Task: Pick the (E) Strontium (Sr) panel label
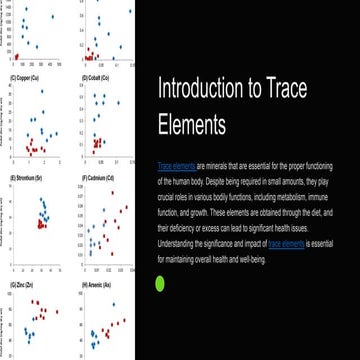[x=27, y=177]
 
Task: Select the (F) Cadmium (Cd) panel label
[x=100, y=177]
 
